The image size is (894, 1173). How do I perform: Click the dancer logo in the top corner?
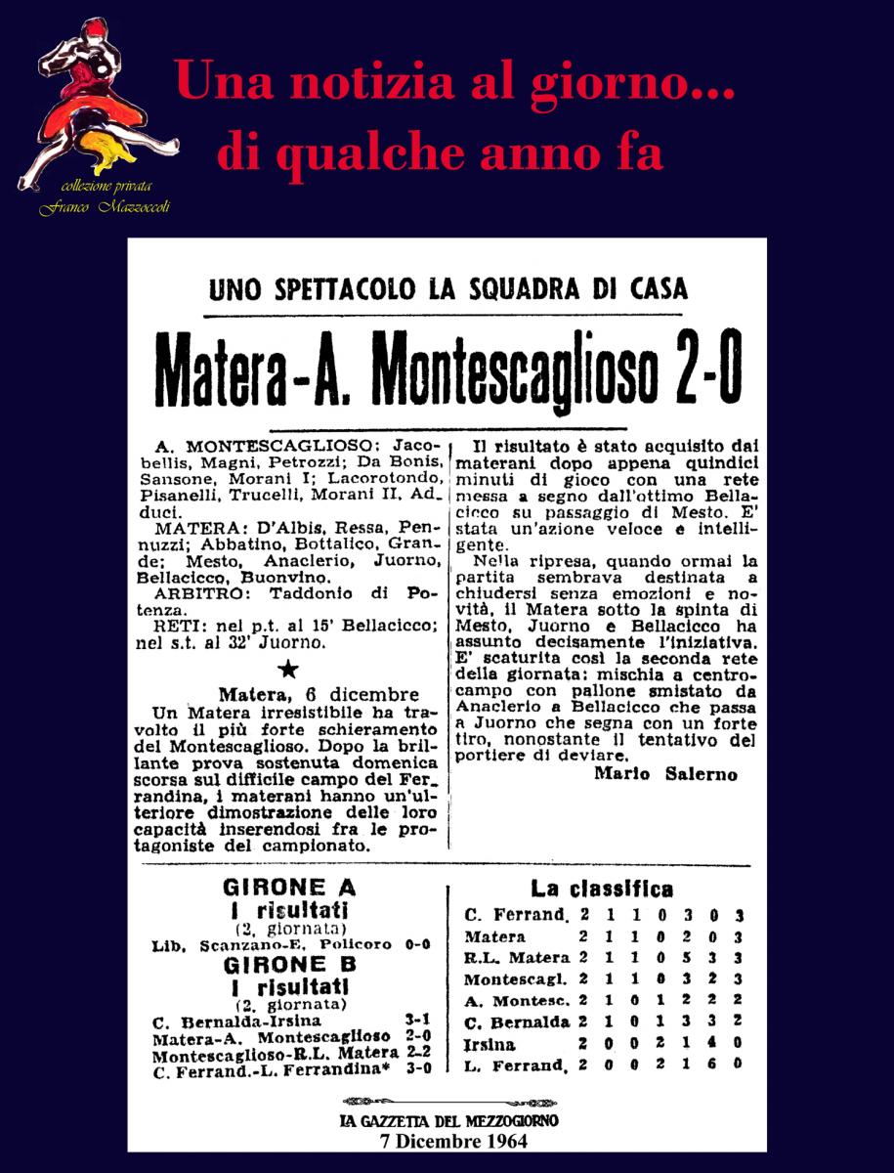pyautogui.click(x=93, y=103)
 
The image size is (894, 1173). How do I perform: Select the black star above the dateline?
pyautogui.click(x=288, y=669)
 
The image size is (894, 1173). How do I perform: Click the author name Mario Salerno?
pyautogui.click(x=664, y=774)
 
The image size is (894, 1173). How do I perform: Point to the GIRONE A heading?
pyautogui.click(x=289, y=889)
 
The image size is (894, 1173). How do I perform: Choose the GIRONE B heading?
pyautogui.click(x=289, y=963)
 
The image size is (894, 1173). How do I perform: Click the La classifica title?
pyautogui.click(x=601, y=889)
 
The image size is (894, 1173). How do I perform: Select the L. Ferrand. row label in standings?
pyautogui.click(x=515, y=1065)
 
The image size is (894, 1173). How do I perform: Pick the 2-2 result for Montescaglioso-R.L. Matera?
pyautogui.click(x=417, y=1053)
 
